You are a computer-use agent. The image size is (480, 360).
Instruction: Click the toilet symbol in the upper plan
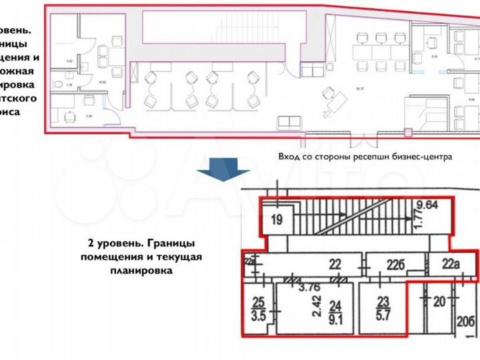click(x=58, y=85)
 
